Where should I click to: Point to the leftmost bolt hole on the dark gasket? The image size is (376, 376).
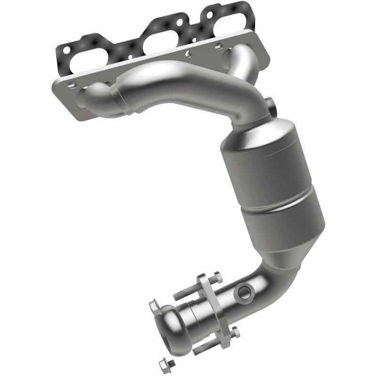pyautogui.click(x=66, y=48)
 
